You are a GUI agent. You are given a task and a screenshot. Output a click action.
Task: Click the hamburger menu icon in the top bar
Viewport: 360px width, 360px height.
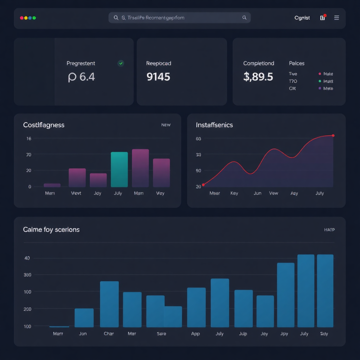tap(336, 18)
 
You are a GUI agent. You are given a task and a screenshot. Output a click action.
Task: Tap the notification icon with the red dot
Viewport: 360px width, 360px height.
tap(323, 18)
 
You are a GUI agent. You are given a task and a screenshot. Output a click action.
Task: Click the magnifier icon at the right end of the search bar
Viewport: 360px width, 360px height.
tap(244, 18)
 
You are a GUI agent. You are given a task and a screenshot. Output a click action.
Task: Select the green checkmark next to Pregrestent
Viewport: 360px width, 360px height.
tap(121, 63)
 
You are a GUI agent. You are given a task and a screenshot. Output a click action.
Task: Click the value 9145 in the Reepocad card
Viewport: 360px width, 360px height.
tap(158, 77)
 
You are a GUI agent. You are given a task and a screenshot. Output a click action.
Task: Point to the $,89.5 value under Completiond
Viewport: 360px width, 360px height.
tap(258, 77)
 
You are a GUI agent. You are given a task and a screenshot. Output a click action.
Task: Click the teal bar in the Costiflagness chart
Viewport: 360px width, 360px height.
tap(119, 169)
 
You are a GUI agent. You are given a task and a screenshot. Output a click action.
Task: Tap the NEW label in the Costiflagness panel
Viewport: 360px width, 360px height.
tap(166, 125)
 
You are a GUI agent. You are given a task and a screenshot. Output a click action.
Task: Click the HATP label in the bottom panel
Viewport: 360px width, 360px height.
tap(329, 230)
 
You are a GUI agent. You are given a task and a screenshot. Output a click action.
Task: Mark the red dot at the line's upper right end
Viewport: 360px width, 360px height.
tap(333, 135)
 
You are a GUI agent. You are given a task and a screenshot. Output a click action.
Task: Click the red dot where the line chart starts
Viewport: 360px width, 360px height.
tap(203, 185)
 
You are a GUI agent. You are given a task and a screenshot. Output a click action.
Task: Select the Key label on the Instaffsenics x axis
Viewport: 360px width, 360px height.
tap(234, 193)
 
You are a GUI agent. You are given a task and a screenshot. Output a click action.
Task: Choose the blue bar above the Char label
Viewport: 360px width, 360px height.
tap(109, 304)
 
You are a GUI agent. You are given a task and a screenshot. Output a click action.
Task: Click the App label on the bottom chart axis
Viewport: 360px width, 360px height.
tap(195, 334)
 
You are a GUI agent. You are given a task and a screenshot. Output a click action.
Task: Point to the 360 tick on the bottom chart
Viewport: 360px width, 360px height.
tap(27, 275)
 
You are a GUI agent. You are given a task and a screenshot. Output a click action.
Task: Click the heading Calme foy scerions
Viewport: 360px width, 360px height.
tap(51, 230)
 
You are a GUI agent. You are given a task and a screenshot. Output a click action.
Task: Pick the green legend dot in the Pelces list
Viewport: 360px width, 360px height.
tap(320, 81)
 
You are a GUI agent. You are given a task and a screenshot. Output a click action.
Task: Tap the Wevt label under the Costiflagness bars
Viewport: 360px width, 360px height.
tap(76, 193)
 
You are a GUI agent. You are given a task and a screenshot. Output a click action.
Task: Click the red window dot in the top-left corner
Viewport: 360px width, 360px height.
tap(22, 18)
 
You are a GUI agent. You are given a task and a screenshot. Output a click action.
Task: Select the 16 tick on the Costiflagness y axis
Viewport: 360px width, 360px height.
tap(29, 139)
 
